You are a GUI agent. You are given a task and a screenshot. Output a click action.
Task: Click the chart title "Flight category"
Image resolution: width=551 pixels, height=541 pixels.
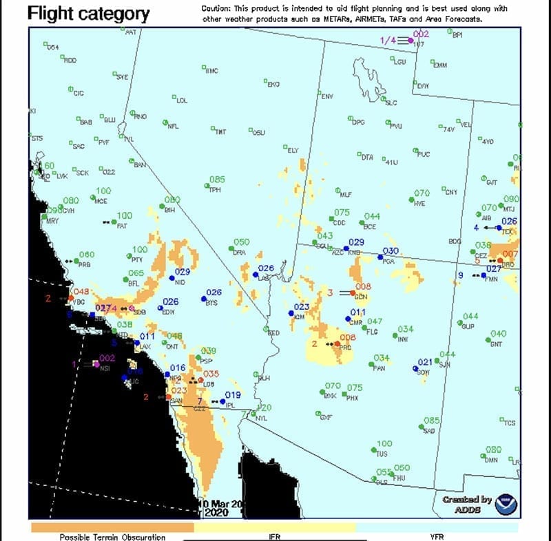[x=88, y=13]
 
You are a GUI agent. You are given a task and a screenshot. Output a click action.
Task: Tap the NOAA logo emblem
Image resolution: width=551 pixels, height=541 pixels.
[x=507, y=505]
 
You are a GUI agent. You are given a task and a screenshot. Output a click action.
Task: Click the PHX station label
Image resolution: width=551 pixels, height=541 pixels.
[x=352, y=398]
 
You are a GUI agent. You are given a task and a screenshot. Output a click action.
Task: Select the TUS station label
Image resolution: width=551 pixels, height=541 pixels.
[x=382, y=454]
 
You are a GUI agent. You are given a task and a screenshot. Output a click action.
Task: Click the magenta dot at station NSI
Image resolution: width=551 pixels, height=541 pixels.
[x=96, y=363]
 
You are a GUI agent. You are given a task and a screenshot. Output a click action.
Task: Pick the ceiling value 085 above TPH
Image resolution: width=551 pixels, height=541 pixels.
[x=217, y=180]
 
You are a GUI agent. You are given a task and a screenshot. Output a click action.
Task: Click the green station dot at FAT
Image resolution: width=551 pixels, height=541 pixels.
[x=114, y=222]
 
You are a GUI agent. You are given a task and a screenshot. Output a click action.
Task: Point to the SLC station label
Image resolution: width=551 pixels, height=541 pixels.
[x=391, y=103]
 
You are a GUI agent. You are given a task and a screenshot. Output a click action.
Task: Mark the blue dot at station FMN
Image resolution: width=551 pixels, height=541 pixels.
[x=483, y=275]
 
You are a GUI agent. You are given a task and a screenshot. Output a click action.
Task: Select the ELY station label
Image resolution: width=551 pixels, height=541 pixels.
[x=293, y=150]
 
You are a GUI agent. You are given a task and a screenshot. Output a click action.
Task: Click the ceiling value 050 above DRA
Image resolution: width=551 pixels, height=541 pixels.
[x=241, y=242]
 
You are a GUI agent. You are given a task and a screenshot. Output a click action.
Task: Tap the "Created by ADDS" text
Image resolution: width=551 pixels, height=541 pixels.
[x=467, y=505]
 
